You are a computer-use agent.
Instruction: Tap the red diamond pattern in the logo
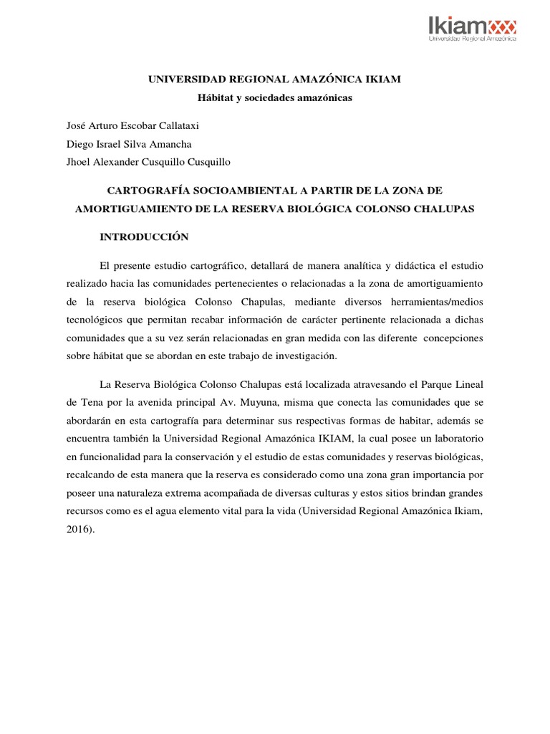click(502, 27)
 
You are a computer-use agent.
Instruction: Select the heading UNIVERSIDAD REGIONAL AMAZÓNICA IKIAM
click(275, 79)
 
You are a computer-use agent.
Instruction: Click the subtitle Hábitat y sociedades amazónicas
click(275, 98)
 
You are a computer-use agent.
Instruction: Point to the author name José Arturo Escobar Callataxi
click(131, 125)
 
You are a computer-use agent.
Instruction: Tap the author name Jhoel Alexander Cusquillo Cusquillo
click(148, 161)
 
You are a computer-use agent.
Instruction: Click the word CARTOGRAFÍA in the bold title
click(153, 190)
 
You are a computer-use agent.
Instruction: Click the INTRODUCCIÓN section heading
click(143, 236)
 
